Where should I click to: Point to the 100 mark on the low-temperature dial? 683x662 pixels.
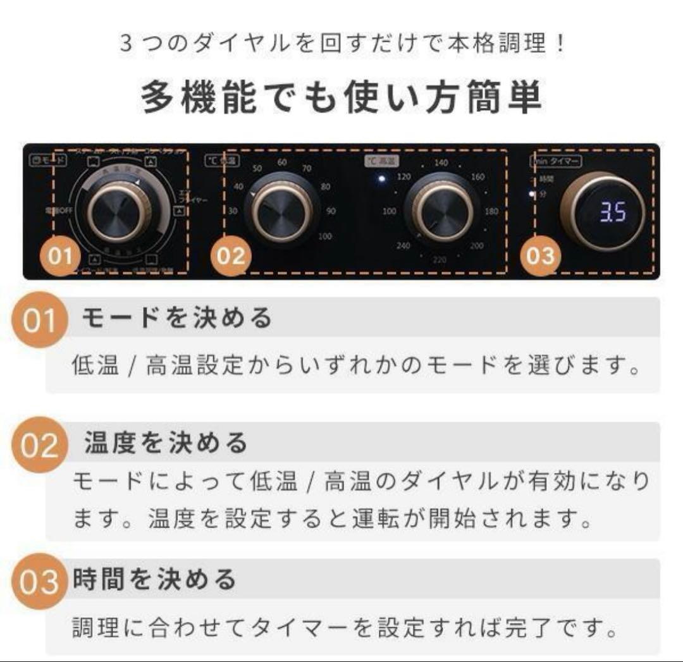point(325,236)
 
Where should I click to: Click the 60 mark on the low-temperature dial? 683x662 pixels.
point(282,162)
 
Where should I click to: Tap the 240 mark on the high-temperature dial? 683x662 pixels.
point(402,246)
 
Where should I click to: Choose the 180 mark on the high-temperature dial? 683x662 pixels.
point(491,212)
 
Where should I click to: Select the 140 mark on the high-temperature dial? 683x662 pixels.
point(441,163)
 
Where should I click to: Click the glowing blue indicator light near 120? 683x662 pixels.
point(381,179)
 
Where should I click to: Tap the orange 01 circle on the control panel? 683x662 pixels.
point(61,257)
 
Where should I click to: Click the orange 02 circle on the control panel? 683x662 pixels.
point(230,257)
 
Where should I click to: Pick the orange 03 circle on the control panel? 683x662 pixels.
point(539,257)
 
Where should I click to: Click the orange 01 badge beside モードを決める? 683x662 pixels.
point(40,321)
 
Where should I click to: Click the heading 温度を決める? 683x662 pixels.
point(166,443)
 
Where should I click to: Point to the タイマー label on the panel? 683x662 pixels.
point(564,161)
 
